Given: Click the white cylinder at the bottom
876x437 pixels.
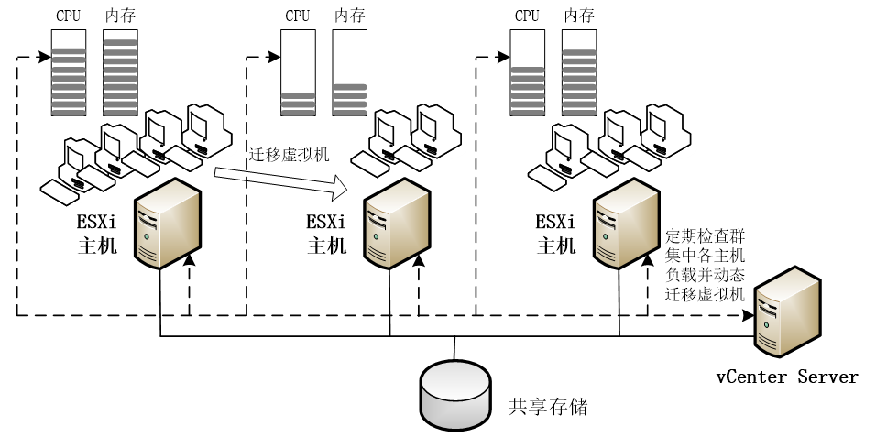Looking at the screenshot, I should [x=455, y=395].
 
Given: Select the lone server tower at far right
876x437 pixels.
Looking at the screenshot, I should [x=787, y=311].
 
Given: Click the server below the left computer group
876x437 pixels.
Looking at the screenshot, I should [x=168, y=224].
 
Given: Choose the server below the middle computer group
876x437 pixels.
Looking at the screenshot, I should [x=397, y=224].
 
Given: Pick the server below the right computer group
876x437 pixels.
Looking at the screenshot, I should [x=626, y=224].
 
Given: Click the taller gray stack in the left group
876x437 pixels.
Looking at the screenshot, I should [x=120, y=77].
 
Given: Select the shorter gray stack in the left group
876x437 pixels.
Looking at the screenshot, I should [x=69, y=82].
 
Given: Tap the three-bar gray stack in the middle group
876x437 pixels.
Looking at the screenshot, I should [x=298, y=104].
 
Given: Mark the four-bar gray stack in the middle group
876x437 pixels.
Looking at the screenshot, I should [x=349, y=99].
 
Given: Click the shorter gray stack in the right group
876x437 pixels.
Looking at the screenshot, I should [x=527, y=91].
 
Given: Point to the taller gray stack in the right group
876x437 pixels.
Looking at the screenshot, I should [x=579, y=82].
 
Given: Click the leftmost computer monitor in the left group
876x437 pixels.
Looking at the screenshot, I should [x=79, y=157].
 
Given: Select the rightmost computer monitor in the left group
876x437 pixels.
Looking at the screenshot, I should [x=207, y=125].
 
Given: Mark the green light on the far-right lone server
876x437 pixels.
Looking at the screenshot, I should [x=766, y=324].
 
